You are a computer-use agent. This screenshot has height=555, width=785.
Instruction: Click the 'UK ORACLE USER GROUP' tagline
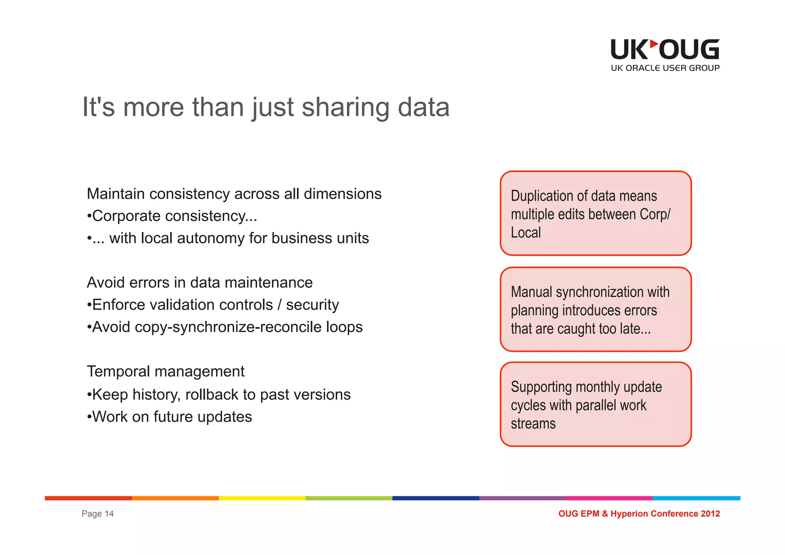(665, 68)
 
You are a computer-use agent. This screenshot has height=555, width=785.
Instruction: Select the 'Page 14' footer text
(97, 514)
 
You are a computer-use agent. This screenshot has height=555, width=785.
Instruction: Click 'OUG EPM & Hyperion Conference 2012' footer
(639, 514)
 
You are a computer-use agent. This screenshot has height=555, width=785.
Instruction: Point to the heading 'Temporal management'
(166, 371)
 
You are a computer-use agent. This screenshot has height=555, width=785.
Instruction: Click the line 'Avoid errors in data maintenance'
(200, 283)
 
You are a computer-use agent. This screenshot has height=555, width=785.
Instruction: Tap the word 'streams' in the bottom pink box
(533, 424)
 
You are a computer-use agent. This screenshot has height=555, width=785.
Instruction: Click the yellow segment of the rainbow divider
(262, 498)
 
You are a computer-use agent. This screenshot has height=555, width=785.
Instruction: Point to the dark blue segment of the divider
(435, 498)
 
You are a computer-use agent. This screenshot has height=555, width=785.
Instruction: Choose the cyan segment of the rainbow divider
(696, 498)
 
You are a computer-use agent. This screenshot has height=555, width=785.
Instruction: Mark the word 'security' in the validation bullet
(312, 305)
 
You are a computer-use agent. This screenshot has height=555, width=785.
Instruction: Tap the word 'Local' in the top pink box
(526, 233)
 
